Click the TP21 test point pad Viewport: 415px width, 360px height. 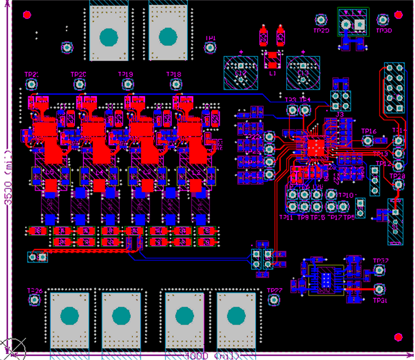pyautogui.click(x=32, y=84)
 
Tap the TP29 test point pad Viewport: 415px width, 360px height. pyautogui.click(x=321, y=20)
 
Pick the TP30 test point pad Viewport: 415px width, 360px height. pyautogui.click(x=382, y=20)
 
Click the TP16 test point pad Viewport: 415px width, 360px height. pyautogui.click(x=368, y=140)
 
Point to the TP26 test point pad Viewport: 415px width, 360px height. pyautogui.click(x=35, y=299)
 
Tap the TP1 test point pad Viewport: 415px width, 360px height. pyautogui.click(x=210, y=47)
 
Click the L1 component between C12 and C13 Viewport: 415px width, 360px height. pyautogui.click(x=272, y=60)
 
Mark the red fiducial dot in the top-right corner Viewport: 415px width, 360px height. pyautogui.click(x=398, y=15)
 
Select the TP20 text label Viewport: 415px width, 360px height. pyautogui.click(x=78, y=75)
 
